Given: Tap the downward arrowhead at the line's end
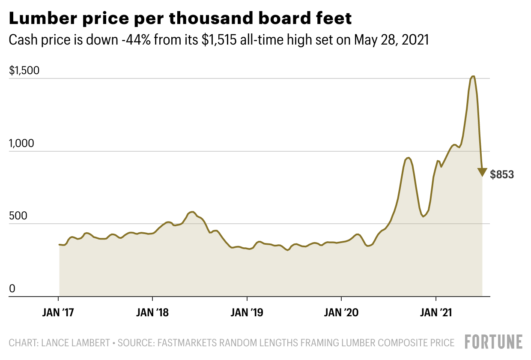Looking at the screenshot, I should [482, 172].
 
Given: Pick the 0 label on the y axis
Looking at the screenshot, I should [12, 289].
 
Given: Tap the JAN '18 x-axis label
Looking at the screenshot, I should [152, 312].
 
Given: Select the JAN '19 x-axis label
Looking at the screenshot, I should [247, 312].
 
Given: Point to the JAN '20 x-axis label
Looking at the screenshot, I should [341, 312].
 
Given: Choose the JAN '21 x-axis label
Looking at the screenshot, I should [436, 312].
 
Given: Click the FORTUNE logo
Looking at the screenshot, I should [493, 342].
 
